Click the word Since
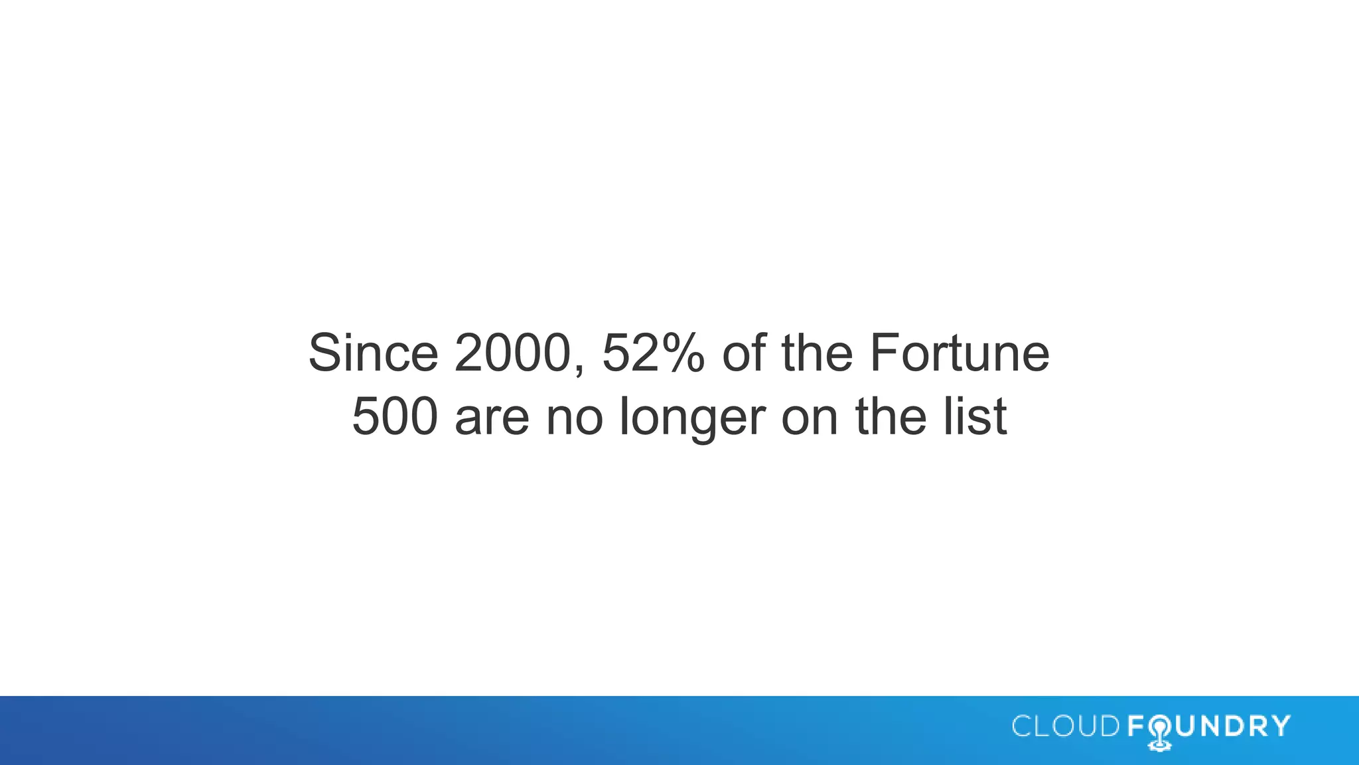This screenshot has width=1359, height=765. point(373,353)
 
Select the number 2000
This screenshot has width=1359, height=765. point(512,353)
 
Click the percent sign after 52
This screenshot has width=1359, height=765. point(681,353)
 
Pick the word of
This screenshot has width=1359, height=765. point(744,353)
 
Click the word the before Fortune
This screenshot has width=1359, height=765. point(817,353)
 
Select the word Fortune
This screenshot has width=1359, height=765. point(960,353)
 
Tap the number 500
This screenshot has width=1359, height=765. point(395,416)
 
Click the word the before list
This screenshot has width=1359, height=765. point(891,416)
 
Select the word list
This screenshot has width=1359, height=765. point(975,416)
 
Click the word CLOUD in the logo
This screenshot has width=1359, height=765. point(1066,726)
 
